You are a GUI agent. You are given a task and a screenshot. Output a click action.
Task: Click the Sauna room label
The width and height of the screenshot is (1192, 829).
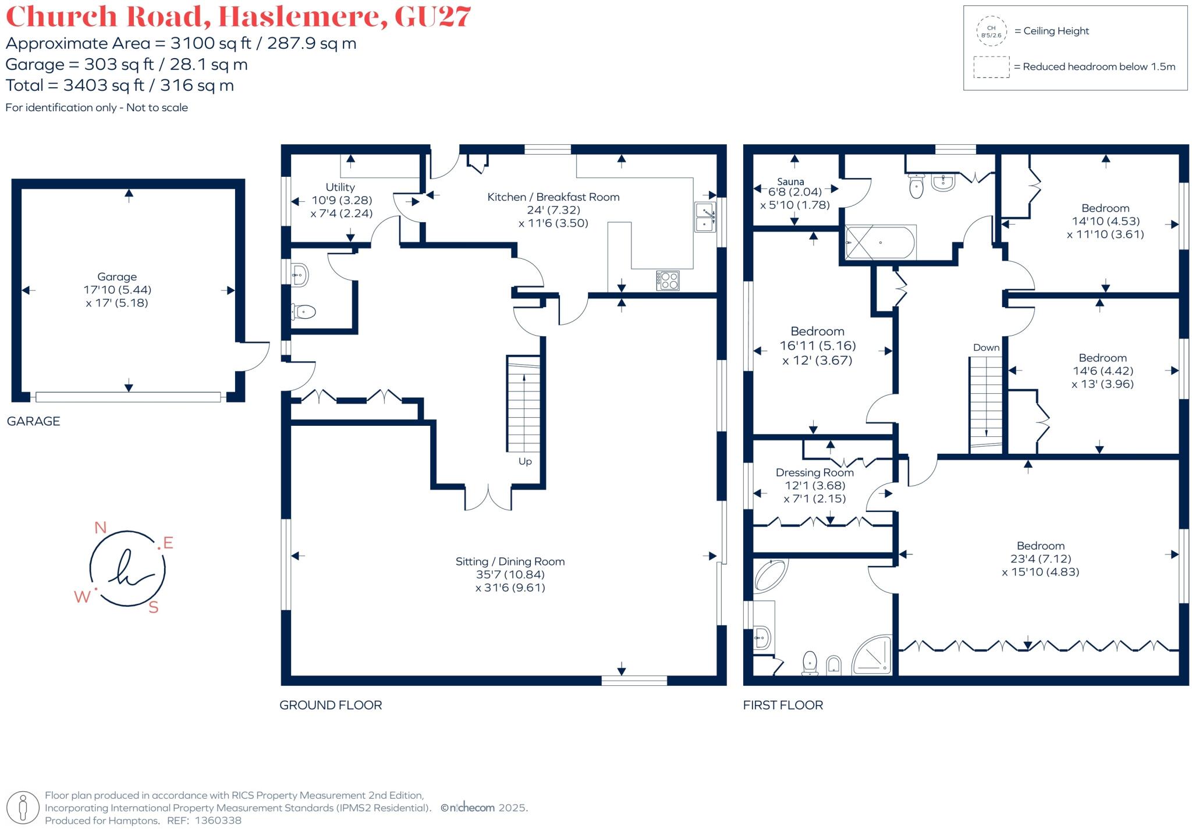[x=790, y=182]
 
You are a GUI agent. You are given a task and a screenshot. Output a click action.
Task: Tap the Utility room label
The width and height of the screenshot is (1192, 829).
[x=340, y=187]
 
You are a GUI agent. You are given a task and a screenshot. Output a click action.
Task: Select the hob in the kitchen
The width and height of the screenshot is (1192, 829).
[x=668, y=280]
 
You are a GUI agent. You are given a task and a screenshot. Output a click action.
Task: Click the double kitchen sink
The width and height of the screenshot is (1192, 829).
[x=705, y=217]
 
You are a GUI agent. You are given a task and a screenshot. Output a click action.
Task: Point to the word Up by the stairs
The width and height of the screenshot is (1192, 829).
[x=525, y=461]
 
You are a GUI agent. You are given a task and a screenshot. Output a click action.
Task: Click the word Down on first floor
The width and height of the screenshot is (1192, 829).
[x=986, y=347]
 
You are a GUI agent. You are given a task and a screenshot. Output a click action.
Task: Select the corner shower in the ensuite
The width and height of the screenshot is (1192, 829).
[x=874, y=656]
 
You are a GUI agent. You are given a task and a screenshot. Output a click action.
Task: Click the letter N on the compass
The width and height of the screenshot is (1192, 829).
[x=100, y=528]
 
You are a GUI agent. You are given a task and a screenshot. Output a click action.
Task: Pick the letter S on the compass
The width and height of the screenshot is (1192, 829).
[x=154, y=608]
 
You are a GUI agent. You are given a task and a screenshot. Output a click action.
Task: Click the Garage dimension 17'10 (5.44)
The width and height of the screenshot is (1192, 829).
[x=117, y=290]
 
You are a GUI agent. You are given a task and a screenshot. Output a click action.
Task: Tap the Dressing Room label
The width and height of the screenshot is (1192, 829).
[x=814, y=472]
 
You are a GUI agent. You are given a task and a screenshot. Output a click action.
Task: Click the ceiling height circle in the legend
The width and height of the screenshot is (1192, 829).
[x=991, y=31]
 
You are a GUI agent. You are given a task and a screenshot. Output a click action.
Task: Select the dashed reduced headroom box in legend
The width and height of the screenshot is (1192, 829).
[x=991, y=67]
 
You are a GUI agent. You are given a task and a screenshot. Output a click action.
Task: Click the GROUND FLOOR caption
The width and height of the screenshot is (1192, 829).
[x=331, y=705]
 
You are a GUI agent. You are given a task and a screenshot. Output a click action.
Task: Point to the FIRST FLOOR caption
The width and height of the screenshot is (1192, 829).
[x=783, y=705]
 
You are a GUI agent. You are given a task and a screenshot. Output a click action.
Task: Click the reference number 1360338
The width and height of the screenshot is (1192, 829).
[x=218, y=820]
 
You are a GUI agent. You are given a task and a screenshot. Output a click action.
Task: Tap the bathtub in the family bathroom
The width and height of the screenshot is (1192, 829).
[x=881, y=243]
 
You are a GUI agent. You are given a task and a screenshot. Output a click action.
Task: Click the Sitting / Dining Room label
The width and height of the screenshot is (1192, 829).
[x=510, y=561]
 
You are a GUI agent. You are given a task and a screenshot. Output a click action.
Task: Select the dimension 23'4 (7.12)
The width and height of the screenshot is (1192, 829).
[x=1041, y=558]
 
